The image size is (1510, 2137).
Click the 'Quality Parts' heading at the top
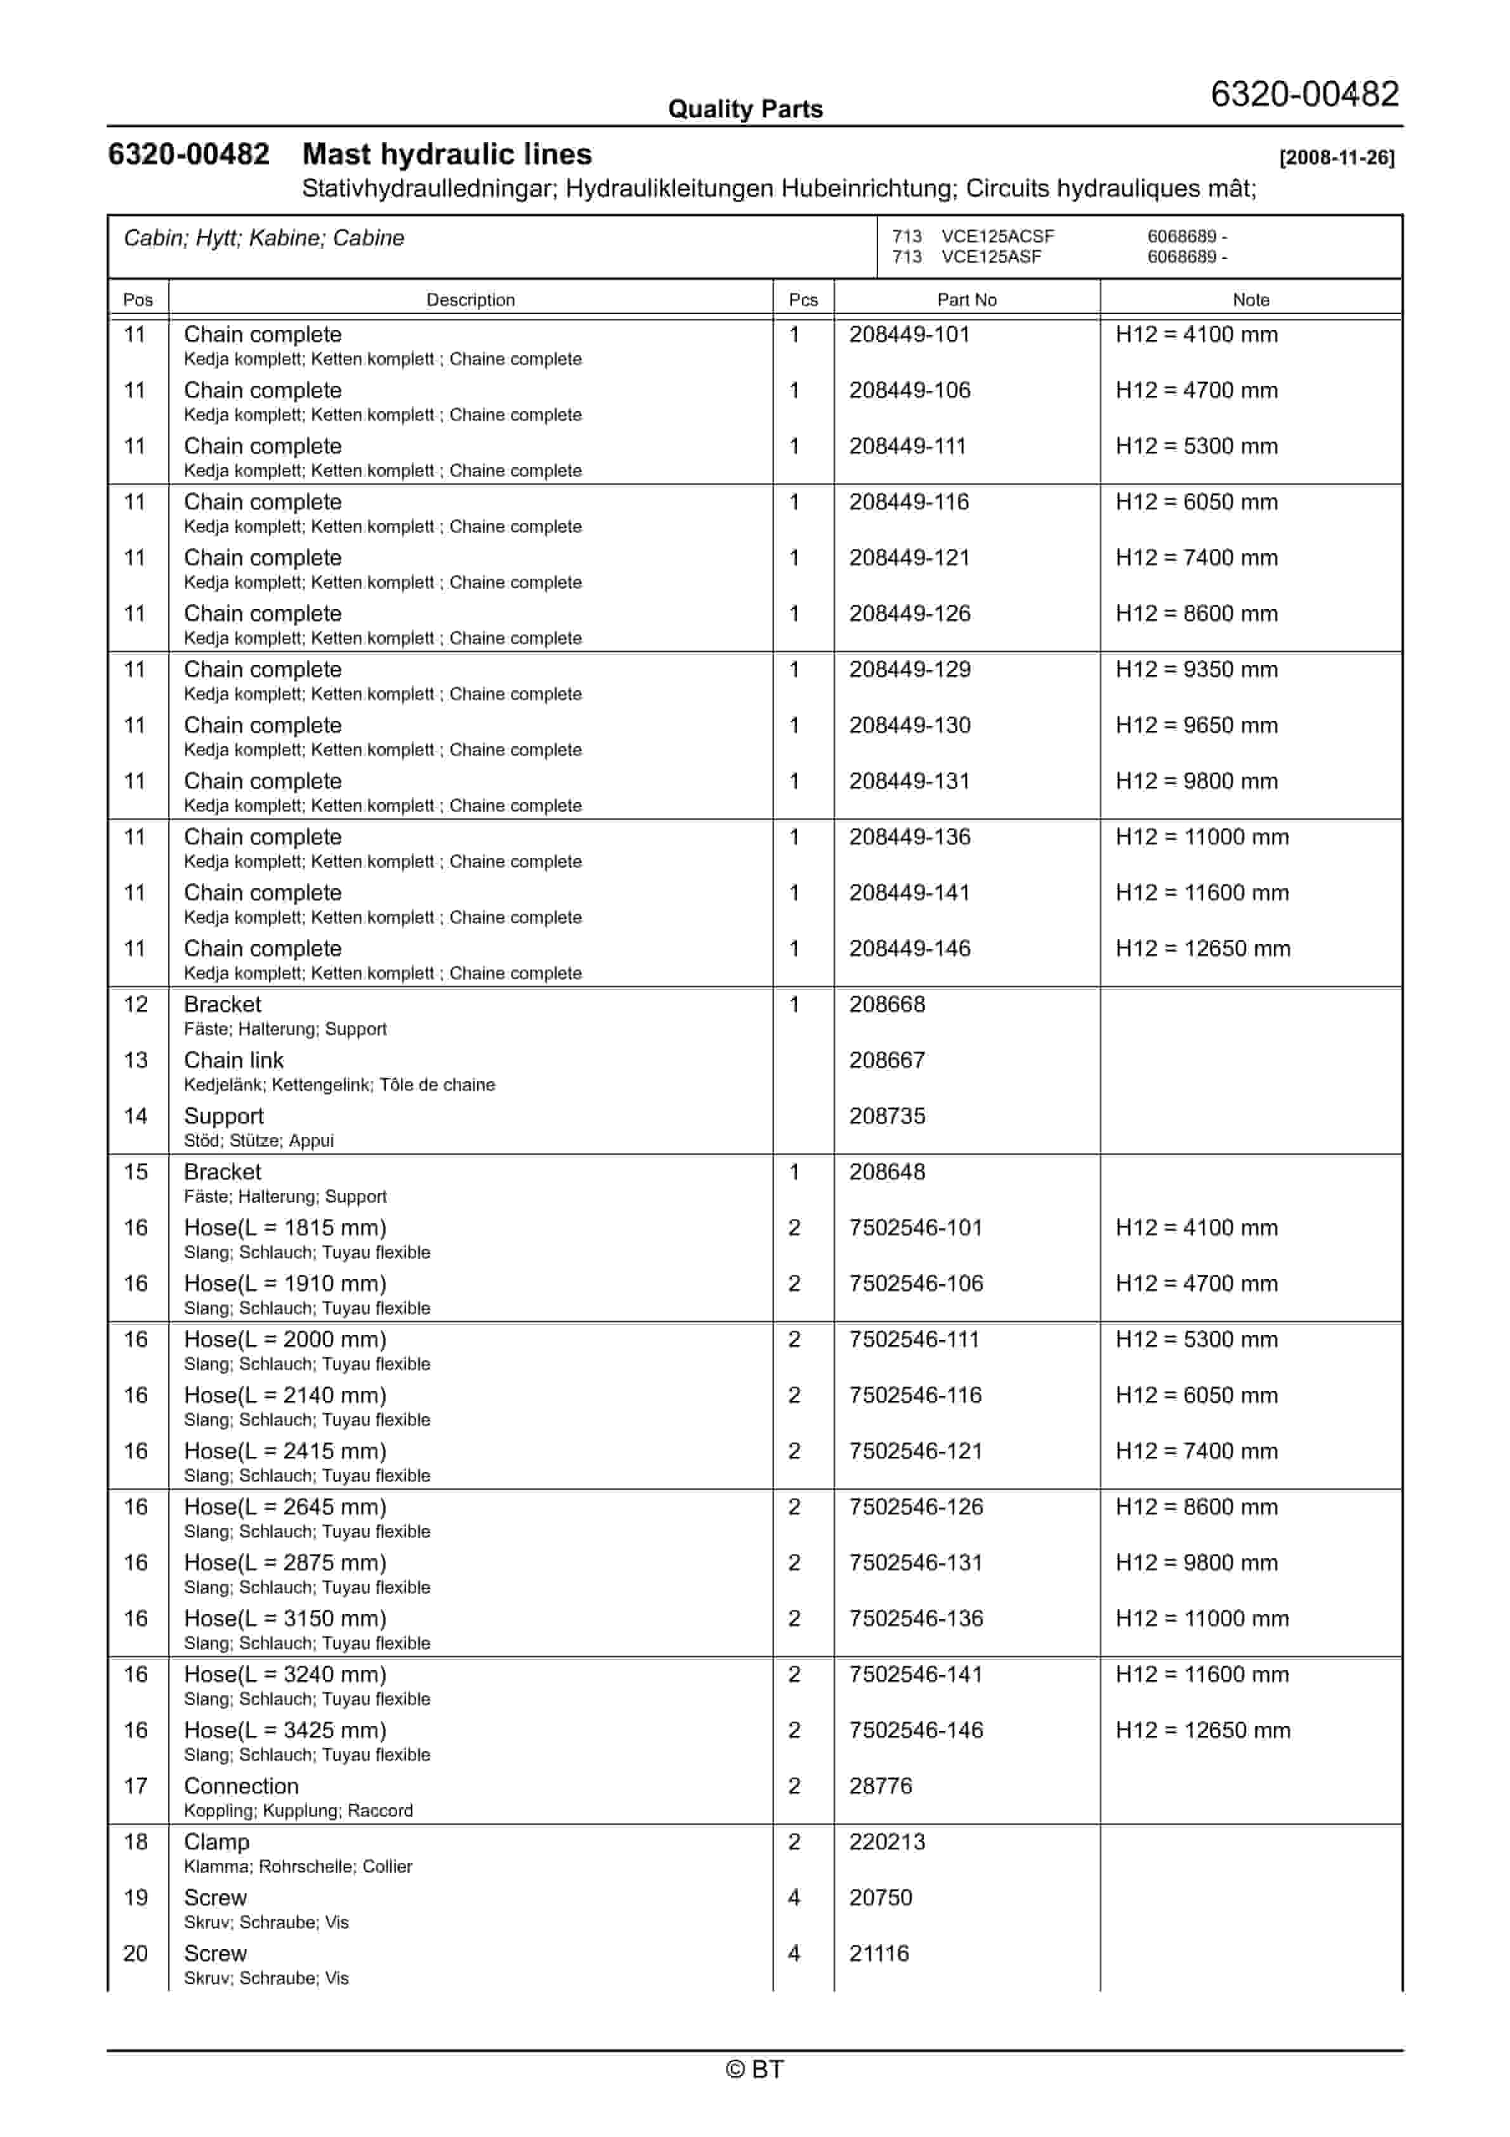coord(745,109)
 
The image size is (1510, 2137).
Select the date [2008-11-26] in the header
coord(1336,157)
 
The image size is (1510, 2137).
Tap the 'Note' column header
coord(1251,299)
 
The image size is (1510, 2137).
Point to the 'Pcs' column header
coord(803,299)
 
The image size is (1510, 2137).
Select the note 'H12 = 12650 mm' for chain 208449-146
coord(1203,949)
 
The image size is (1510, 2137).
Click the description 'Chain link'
coord(233,1061)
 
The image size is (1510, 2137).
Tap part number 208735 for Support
coord(886,1117)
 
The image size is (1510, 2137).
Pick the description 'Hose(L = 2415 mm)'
coord(285,1452)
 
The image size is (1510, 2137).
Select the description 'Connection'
coord(241,1787)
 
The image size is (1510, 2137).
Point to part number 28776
coord(880,1787)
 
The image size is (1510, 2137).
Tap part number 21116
coord(878,1954)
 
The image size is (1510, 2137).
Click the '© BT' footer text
coord(754,2069)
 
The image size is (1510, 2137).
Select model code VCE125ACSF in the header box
coord(997,237)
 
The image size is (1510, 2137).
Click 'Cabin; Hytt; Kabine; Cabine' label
coord(263,239)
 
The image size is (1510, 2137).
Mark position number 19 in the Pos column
coord(136,1898)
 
